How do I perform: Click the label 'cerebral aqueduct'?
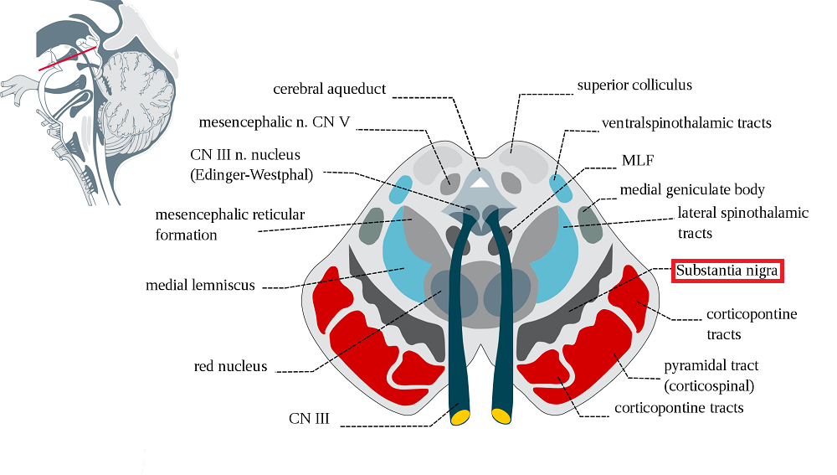pyautogui.click(x=329, y=89)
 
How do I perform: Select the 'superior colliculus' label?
pyautogui.click(x=634, y=85)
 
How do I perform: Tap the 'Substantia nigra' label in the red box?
pyautogui.click(x=727, y=271)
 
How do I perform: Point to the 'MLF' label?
pyautogui.click(x=635, y=159)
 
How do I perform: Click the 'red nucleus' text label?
pyautogui.click(x=230, y=366)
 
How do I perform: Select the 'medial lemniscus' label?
pyautogui.click(x=199, y=286)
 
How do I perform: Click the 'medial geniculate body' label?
pyautogui.click(x=692, y=189)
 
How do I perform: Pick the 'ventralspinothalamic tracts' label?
pyautogui.click(x=686, y=123)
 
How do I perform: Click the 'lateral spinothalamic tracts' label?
pyautogui.click(x=742, y=222)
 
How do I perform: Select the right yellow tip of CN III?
pyautogui.click(x=501, y=416)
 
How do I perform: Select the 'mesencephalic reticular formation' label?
pyautogui.click(x=229, y=225)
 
